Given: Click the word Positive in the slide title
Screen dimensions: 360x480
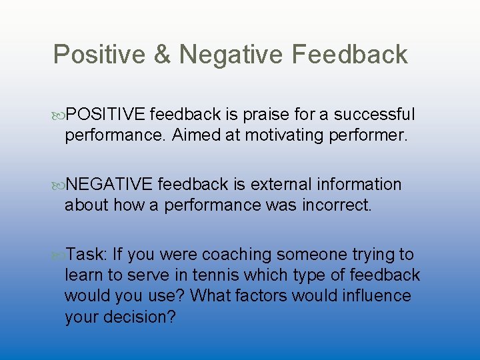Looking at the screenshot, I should click(x=98, y=55).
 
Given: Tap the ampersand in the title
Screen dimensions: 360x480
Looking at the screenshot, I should click(x=163, y=55).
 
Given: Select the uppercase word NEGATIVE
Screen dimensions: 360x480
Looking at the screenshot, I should click(x=110, y=185).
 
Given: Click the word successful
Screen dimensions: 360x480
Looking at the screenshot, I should click(x=374, y=115).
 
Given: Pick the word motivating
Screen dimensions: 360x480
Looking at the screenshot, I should click(x=291, y=136).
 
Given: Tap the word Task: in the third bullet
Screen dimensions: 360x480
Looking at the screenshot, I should click(x=87, y=255).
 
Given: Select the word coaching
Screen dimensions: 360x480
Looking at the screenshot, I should click(x=237, y=255).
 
